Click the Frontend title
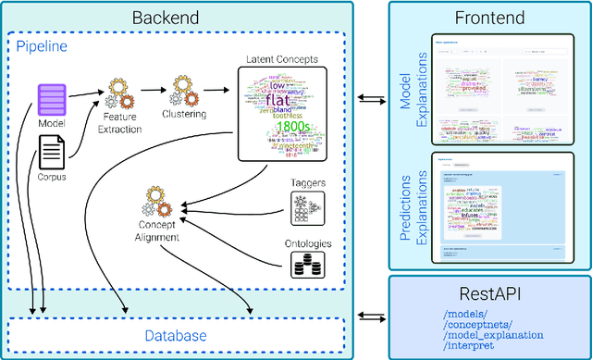click(489, 18)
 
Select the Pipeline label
click(43, 44)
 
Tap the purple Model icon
click(53, 96)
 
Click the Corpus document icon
click(52, 150)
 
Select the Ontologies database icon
click(305, 266)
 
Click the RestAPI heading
click(489, 295)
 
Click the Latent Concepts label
click(283, 59)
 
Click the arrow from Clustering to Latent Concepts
click(218, 92)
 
